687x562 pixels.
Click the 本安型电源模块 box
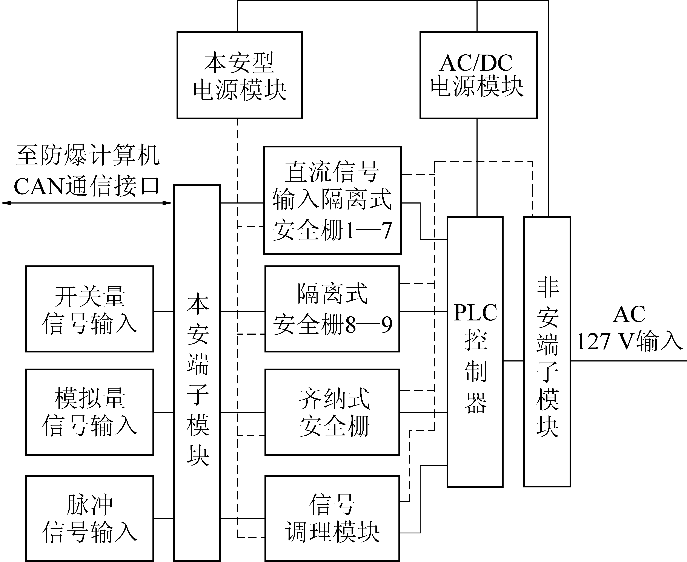click(x=239, y=75)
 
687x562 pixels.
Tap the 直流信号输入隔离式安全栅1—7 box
click(x=332, y=200)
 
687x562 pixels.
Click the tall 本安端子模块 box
click(x=197, y=372)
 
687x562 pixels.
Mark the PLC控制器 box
click(x=475, y=351)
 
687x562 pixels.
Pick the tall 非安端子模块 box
click(x=547, y=351)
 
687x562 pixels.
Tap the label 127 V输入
click(x=629, y=341)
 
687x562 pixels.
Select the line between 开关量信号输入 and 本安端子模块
click(x=164, y=311)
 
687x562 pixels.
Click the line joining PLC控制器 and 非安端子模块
click(x=513, y=361)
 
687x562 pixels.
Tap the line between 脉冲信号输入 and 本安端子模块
click(x=164, y=518)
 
